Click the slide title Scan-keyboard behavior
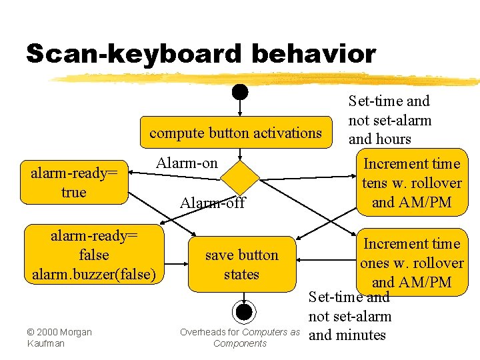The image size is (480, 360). click(x=201, y=54)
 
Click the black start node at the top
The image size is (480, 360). click(x=240, y=91)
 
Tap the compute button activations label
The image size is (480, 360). click(x=235, y=133)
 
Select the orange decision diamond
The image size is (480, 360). click(x=240, y=177)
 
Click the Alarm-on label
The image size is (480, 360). click(x=187, y=163)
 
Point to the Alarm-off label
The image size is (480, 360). click(x=213, y=203)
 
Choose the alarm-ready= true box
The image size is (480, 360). click(x=73, y=183)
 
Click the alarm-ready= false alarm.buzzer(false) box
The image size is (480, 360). click(x=93, y=254)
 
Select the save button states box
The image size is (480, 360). click(x=241, y=264)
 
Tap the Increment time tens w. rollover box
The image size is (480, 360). click(x=411, y=183)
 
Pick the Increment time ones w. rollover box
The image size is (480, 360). click(x=411, y=263)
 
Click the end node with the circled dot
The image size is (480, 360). click(x=244, y=311)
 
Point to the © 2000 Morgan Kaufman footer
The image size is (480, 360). click(x=59, y=337)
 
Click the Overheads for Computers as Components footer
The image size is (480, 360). click(x=240, y=337)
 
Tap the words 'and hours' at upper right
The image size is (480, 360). click(x=380, y=139)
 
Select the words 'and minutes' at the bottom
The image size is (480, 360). click(x=347, y=335)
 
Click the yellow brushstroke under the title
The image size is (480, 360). click(x=267, y=79)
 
